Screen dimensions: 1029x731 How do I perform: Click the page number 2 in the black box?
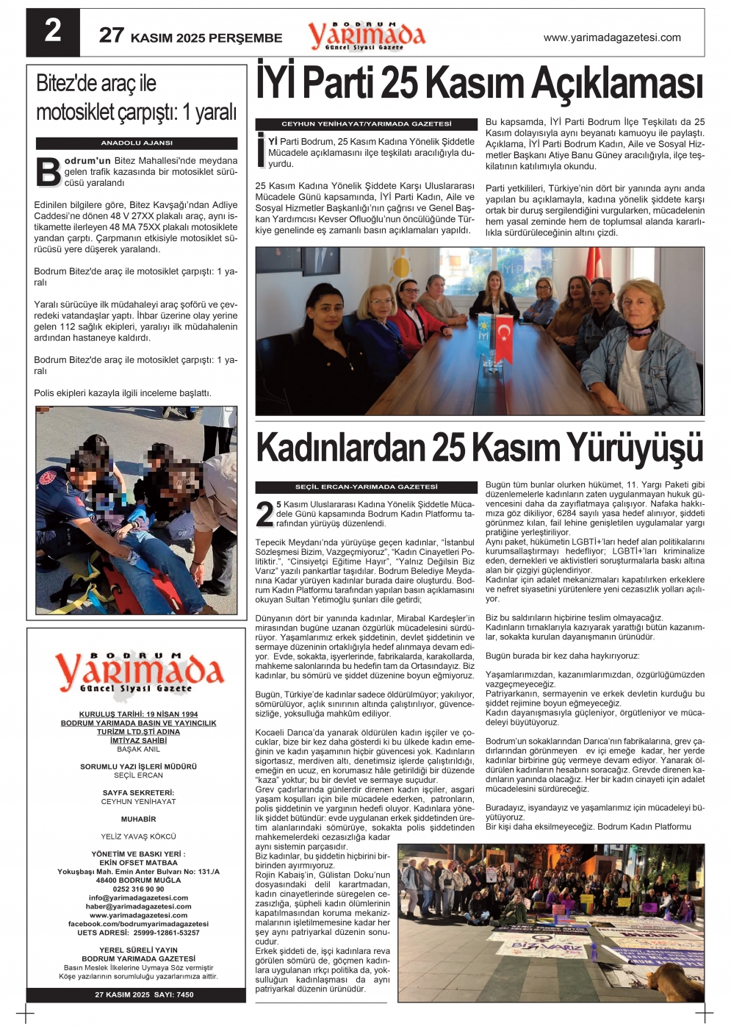click(53, 32)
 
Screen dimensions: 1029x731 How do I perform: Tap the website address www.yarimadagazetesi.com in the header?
click(612, 37)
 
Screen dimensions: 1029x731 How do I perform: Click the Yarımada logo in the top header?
click(366, 35)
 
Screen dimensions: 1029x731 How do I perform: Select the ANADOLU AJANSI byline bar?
click(137, 143)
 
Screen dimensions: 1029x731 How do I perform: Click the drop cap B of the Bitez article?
click(48, 172)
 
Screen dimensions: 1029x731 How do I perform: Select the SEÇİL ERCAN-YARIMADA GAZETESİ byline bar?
click(366, 487)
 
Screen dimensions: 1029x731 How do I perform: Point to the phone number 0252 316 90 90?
click(138, 889)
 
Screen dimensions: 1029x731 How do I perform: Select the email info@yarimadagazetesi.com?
click(138, 898)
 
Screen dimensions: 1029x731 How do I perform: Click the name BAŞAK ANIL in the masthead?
click(138, 750)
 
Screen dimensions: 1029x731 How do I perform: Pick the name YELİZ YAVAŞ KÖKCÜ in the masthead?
click(138, 836)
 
